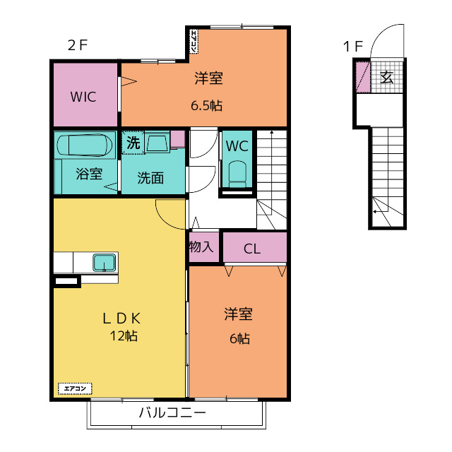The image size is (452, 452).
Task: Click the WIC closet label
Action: tap(83, 97)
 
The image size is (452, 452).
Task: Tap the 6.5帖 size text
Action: tap(206, 106)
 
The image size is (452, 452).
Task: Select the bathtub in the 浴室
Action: tap(85, 145)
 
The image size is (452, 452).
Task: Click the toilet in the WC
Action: tap(237, 174)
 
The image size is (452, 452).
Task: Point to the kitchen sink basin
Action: tap(105, 263)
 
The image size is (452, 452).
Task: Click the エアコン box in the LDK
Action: tap(75, 388)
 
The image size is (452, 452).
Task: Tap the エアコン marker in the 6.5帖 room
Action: tap(194, 42)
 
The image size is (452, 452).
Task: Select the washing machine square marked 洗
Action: tap(133, 143)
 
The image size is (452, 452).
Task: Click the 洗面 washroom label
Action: tap(150, 177)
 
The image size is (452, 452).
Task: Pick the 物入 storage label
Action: tap(201, 246)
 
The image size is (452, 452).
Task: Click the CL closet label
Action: tap(252, 249)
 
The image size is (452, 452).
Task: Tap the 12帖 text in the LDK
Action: tap(124, 336)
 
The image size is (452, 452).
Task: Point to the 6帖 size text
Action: tap(239, 338)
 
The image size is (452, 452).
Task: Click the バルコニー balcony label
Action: tap(172, 412)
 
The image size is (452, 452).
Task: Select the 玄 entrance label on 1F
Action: tap(386, 77)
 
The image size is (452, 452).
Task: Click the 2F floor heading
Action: tap(77, 45)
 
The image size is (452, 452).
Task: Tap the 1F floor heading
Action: tap(353, 47)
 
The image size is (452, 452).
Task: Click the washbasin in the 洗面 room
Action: tap(157, 142)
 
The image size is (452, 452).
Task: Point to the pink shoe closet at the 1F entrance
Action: tap(363, 77)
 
